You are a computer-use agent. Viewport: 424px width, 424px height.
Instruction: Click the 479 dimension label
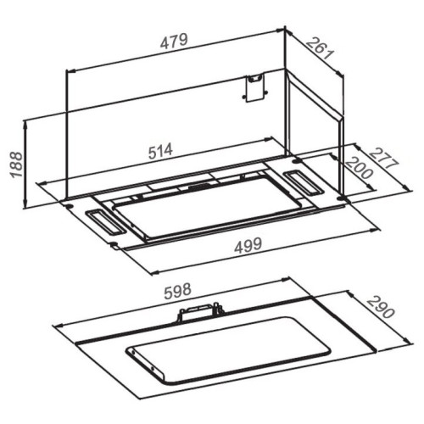pos(174,42)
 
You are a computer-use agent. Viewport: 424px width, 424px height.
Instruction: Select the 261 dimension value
pos(321,48)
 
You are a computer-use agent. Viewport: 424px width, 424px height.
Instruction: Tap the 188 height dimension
pos(16,165)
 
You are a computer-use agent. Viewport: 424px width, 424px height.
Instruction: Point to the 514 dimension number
pos(160,151)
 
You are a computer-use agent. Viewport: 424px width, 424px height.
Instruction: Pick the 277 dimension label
pos(384,158)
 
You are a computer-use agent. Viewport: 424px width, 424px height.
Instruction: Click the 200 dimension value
pos(360,168)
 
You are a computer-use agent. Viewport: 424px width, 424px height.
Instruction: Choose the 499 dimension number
pos(248,245)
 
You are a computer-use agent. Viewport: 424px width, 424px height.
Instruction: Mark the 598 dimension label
pos(178,291)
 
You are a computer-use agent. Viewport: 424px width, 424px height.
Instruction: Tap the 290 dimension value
pos(381,307)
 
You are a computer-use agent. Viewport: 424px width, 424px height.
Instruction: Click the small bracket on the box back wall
pos(254,87)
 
